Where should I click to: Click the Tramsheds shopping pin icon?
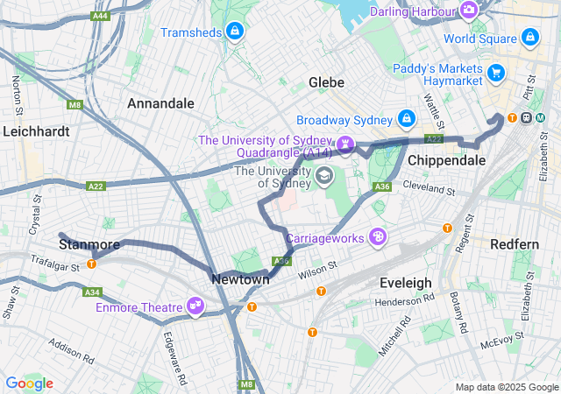tap(234, 32)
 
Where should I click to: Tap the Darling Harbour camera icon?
tap(470, 11)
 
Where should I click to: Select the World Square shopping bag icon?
tap(529, 38)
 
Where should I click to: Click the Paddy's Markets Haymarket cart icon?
tap(497, 73)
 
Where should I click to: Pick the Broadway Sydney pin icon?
tap(407, 118)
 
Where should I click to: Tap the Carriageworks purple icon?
tap(378, 236)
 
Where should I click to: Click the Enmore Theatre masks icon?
tap(195, 306)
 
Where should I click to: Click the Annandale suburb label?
tap(160, 103)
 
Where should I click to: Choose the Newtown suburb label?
tap(240, 279)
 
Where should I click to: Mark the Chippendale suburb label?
tap(446, 161)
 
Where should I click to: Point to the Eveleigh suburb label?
tap(405, 283)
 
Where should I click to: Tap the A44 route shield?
tap(101, 17)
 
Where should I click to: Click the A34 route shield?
tap(90, 292)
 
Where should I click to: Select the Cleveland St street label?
tap(430, 188)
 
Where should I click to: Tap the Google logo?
tap(29, 383)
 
